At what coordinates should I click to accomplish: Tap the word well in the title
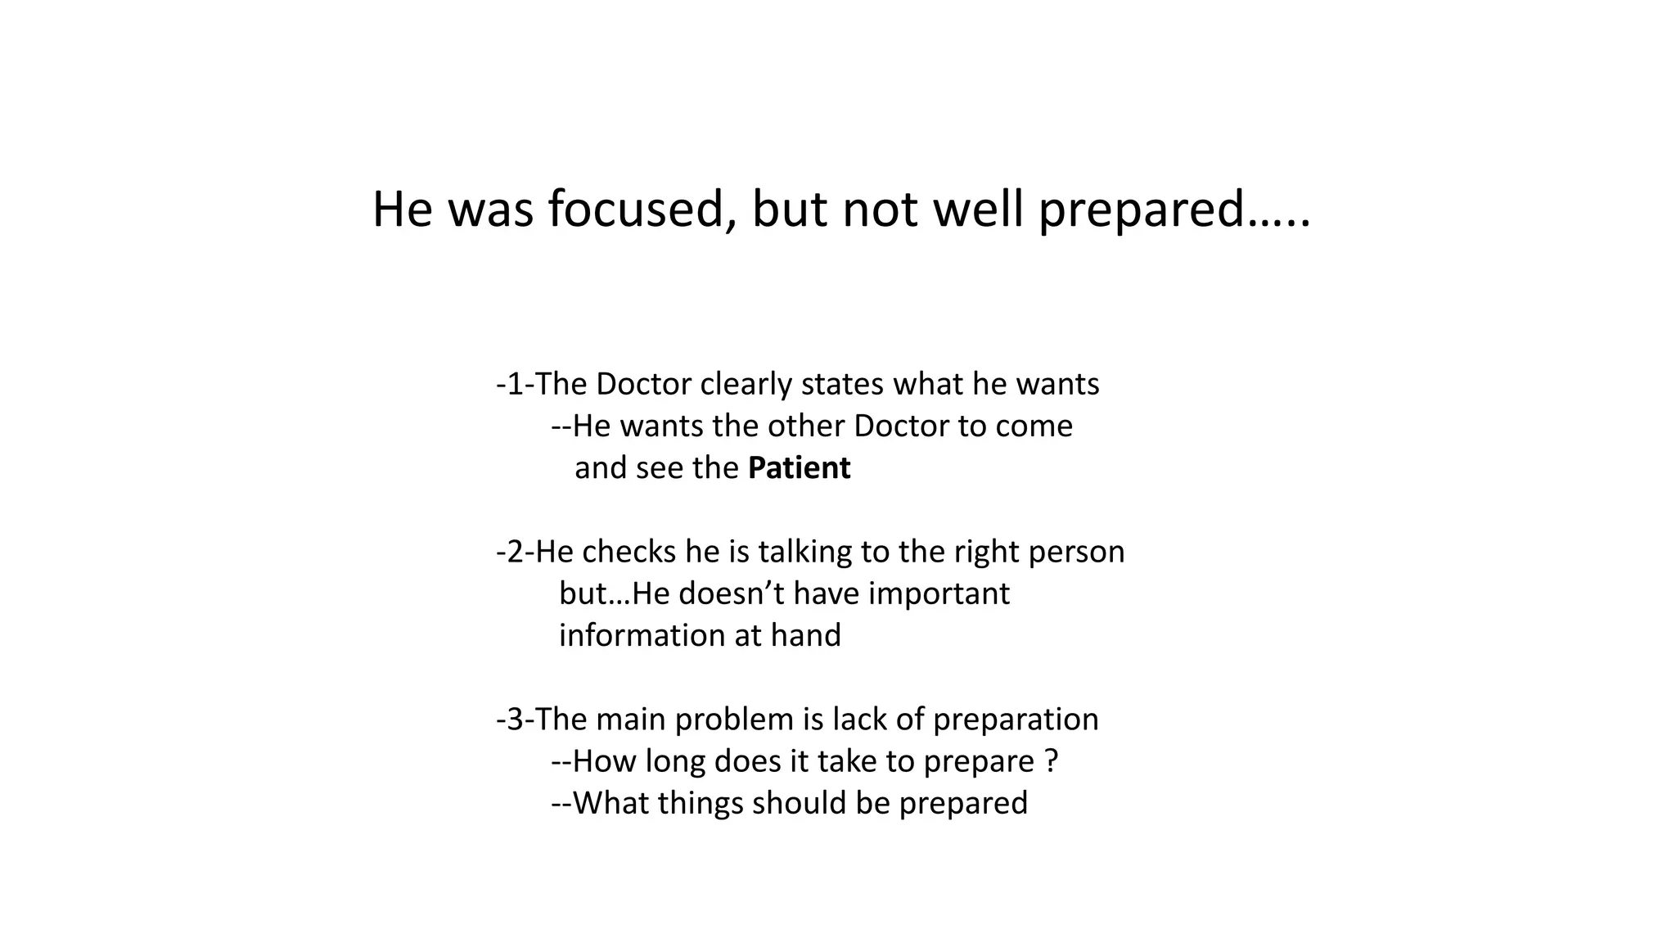tap(978, 210)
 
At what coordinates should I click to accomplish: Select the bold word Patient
tap(799, 468)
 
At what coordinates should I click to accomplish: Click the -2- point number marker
tap(515, 553)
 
